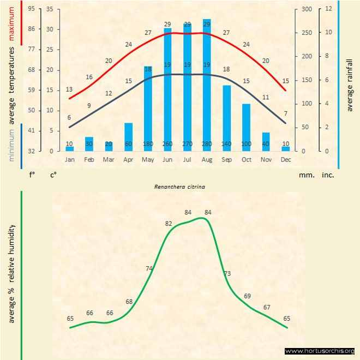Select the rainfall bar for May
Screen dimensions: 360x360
click(x=148, y=109)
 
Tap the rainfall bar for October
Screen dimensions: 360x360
click(x=246, y=127)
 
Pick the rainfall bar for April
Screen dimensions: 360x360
click(x=128, y=137)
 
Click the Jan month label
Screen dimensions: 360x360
click(x=70, y=159)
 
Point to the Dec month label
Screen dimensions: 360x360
click(x=286, y=159)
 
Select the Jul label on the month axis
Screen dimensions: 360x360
click(x=187, y=159)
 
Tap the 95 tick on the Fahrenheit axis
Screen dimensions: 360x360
click(x=32, y=9)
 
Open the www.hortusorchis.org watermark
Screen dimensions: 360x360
click(x=320, y=351)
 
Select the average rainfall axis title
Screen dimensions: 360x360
click(x=350, y=85)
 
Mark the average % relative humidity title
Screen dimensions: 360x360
click(x=11, y=273)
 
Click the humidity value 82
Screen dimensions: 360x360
click(x=169, y=224)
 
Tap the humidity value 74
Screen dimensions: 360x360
click(x=149, y=268)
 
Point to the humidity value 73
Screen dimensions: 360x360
click(x=227, y=273)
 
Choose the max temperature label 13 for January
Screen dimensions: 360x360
click(x=69, y=89)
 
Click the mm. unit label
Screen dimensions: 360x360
click(x=307, y=175)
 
